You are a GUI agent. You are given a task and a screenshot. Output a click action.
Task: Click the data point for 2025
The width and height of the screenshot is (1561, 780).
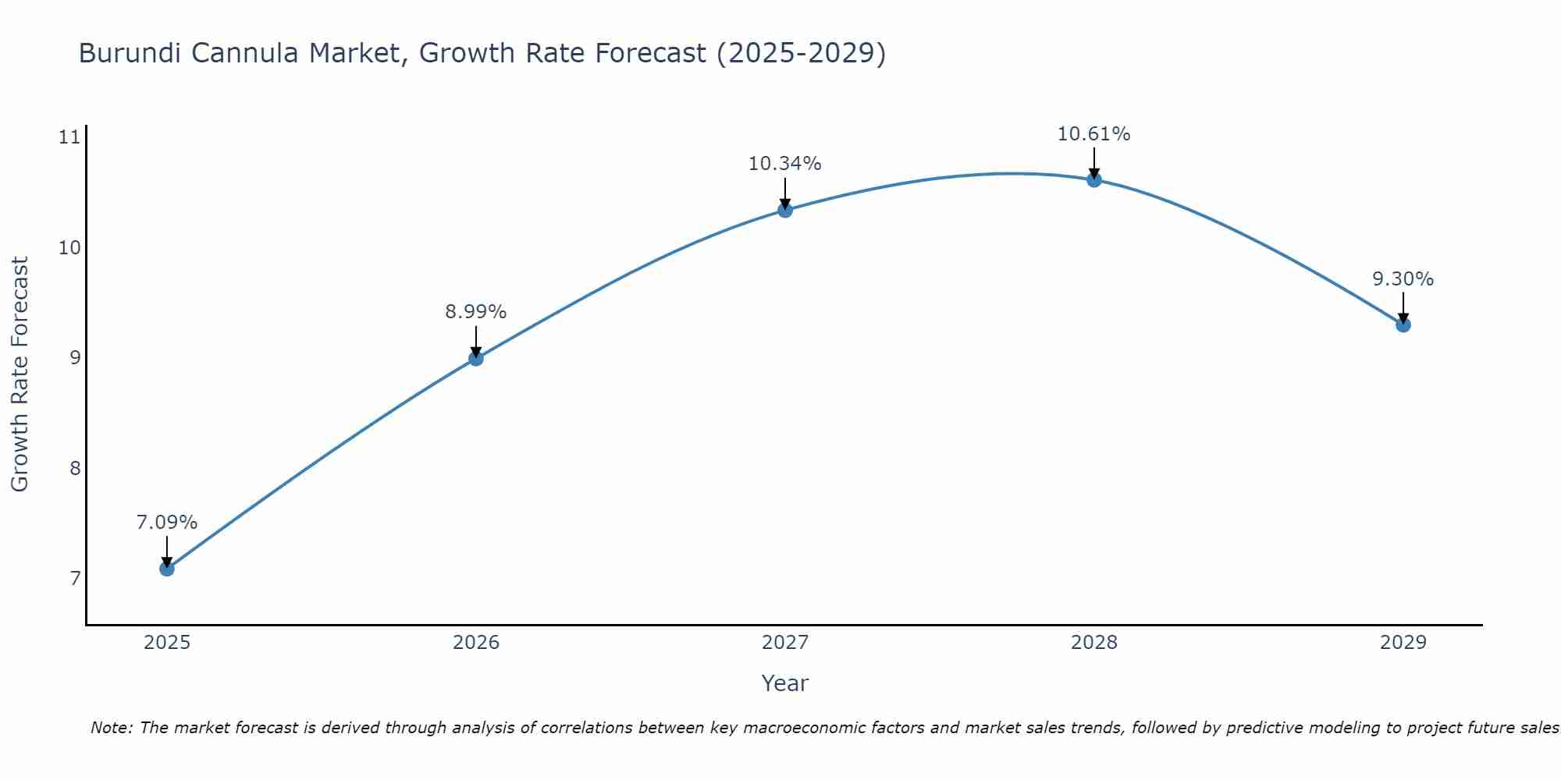pos(167,569)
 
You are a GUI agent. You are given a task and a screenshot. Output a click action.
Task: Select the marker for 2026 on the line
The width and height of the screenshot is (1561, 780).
pos(476,359)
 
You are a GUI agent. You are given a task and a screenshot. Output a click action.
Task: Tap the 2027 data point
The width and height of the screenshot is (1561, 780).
pos(785,210)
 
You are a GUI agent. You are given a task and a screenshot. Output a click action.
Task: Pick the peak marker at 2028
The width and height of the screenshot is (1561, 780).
pos(1094,180)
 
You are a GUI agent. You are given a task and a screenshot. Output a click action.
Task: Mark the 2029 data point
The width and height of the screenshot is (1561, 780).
pos(1403,324)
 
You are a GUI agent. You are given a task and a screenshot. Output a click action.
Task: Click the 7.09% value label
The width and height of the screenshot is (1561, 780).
pos(167,523)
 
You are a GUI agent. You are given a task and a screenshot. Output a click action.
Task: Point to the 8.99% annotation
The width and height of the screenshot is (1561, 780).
pos(476,312)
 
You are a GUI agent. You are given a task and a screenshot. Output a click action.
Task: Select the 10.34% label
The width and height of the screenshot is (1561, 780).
pos(785,164)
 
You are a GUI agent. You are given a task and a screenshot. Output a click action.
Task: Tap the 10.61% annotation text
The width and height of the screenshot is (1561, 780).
pos(1094,134)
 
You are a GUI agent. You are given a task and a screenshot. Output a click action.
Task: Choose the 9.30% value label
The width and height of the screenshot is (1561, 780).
pos(1403,279)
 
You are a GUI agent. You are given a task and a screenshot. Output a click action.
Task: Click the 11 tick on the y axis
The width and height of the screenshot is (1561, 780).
pos(69,138)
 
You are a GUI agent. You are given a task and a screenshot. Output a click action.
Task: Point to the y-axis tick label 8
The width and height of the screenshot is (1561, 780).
pos(75,469)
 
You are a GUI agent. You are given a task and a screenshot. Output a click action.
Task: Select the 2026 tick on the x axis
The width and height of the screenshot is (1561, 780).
pos(476,643)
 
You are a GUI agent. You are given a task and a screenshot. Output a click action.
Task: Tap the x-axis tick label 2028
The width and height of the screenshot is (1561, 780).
pos(1094,643)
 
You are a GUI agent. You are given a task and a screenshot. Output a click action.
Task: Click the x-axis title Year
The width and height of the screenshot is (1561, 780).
pos(785,683)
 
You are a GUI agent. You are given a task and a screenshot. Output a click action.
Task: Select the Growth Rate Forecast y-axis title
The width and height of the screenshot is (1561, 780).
pos(20,374)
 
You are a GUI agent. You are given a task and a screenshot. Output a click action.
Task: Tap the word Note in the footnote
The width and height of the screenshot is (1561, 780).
pos(112,728)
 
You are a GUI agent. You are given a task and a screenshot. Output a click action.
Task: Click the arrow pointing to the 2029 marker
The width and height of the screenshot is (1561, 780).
pos(1403,307)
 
